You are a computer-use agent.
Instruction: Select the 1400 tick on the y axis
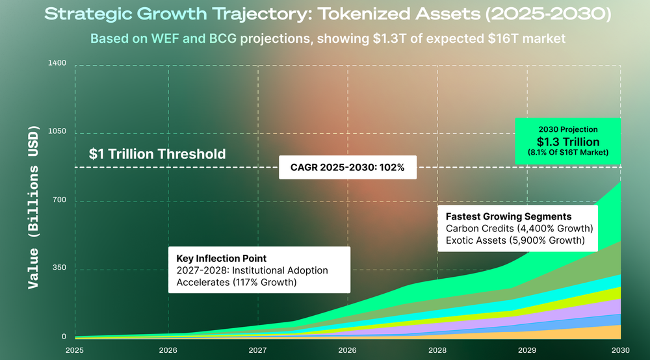pos(57,63)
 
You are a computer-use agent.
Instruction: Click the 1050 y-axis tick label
pos(57,131)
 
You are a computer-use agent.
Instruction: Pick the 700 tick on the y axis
pos(59,199)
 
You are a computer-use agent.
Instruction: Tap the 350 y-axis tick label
pos(59,268)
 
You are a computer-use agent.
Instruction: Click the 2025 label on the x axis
pos(75,350)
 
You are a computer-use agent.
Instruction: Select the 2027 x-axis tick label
pos(257,350)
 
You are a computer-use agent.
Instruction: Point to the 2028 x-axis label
pos(437,350)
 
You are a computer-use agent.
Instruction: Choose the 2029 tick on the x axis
pos(527,350)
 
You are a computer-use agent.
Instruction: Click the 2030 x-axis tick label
pos(621,350)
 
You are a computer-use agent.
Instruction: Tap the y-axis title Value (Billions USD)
pos(33,207)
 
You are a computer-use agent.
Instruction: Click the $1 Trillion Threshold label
pos(157,154)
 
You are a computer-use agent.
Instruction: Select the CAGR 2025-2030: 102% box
pos(347,168)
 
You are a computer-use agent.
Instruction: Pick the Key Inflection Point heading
pos(222,259)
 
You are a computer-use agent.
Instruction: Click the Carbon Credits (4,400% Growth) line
pos(519,228)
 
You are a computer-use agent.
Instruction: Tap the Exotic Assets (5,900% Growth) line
pos(515,240)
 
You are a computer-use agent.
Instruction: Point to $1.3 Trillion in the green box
pos(568,142)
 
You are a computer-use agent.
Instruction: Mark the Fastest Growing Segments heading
pos(509,216)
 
